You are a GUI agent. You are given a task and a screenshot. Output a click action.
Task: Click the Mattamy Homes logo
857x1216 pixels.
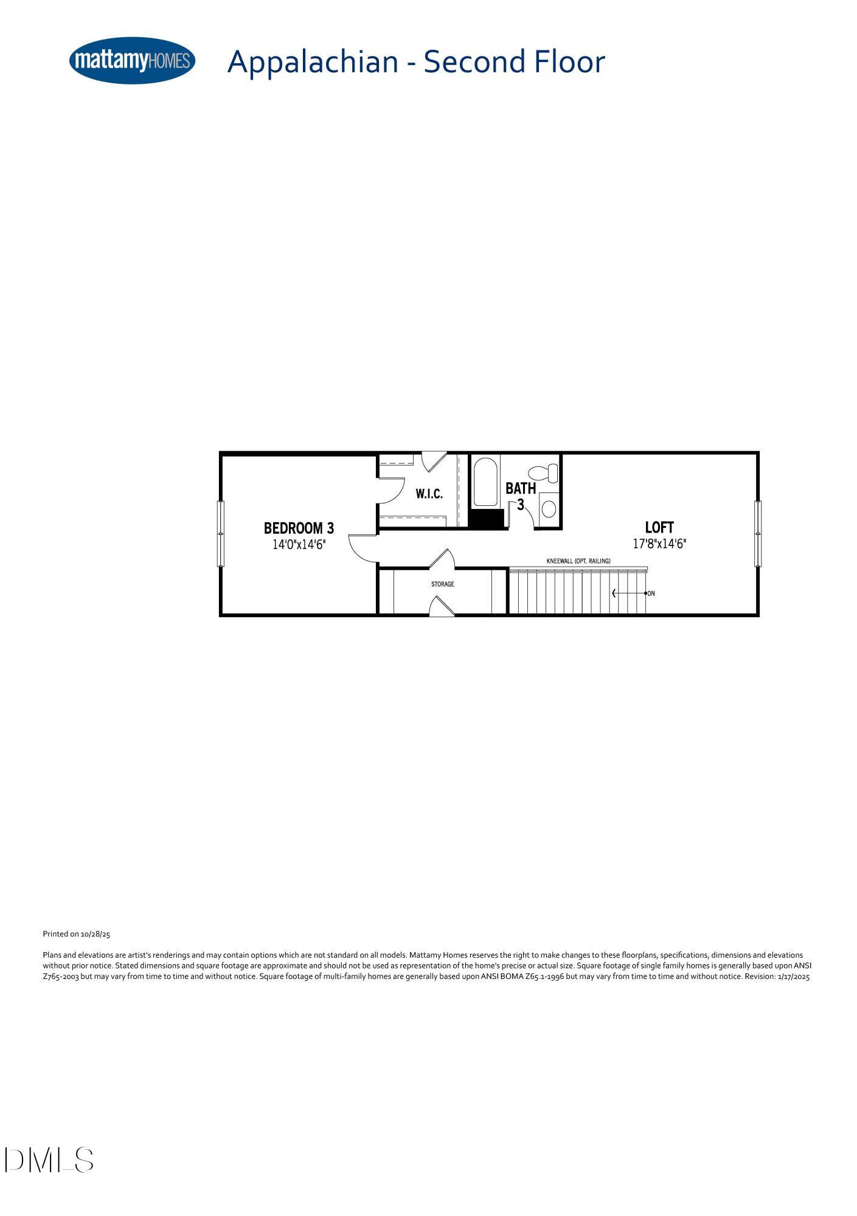pyautogui.click(x=132, y=61)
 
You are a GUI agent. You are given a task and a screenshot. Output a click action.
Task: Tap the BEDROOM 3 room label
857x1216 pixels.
pyautogui.click(x=299, y=528)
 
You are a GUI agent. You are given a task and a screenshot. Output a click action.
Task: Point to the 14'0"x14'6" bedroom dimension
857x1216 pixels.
pyautogui.click(x=299, y=544)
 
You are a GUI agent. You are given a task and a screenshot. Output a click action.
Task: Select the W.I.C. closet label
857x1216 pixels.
pyautogui.click(x=429, y=494)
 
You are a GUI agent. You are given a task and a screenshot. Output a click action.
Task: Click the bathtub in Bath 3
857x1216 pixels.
pyautogui.click(x=485, y=482)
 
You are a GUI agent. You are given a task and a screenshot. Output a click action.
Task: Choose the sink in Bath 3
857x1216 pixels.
pyautogui.click(x=549, y=508)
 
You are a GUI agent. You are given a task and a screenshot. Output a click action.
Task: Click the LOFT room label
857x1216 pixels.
pyautogui.click(x=659, y=527)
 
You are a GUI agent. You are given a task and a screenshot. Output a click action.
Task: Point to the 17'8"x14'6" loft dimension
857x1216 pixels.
pyautogui.click(x=659, y=544)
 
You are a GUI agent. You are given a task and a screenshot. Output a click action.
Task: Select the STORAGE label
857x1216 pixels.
pyautogui.click(x=442, y=584)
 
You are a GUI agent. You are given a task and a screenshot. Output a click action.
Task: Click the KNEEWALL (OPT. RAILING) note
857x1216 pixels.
pyautogui.click(x=578, y=561)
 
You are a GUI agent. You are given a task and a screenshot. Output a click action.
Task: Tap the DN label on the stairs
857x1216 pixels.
pyautogui.click(x=651, y=593)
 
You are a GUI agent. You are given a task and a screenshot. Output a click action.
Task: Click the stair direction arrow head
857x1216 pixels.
pyautogui.click(x=614, y=593)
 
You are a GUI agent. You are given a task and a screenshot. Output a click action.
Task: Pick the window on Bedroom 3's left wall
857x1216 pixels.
pyautogui.click(x=221, y=533)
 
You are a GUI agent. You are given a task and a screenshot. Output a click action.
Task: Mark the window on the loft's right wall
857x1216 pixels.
pyautogui.click(x=758, y=533)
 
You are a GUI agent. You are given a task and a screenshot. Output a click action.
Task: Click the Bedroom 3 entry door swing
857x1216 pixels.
pyautogui.click(x=363, y=547)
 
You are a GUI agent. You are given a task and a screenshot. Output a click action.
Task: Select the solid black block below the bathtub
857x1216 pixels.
pyautogui.click(x=487, y=519)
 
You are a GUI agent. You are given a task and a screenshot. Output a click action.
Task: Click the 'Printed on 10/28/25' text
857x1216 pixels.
pyautogui.click(x=76, y=934)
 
